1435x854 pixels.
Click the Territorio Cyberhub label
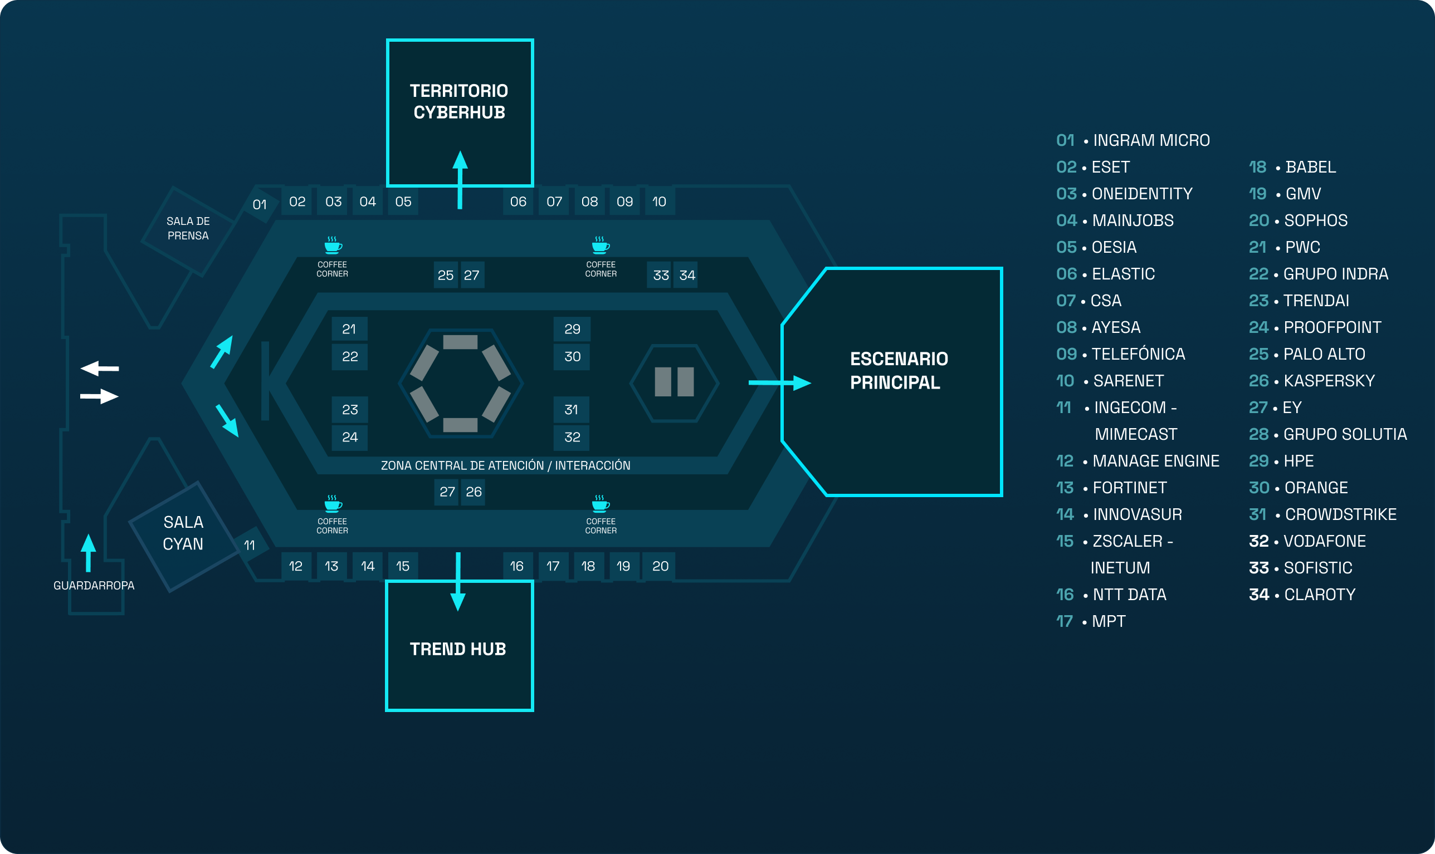click(x=459, y=101)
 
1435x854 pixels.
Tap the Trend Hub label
click(x=458, y=649)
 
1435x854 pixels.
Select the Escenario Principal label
click(x=899, y=371)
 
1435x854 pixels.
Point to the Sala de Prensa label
click(x=188, y=228)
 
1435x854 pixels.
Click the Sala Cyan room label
click(x=183, y=533)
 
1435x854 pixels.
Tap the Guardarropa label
click(x=94, y=585)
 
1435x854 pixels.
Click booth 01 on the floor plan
click(x=260, y=204)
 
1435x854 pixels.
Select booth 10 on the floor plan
click(x=659, y=202)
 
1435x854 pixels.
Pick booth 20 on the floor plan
click(x=660, y=566)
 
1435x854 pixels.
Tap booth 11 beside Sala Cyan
click(x=250, y=545)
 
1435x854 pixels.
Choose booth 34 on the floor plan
click(x=687, y=275)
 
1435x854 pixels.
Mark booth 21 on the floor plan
click(x=349, y=329)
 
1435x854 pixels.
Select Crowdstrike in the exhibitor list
click(x=1340, y=514)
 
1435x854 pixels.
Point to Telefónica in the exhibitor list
click(x=1138, y=354)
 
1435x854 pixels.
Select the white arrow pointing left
click(x=100, y=369)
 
